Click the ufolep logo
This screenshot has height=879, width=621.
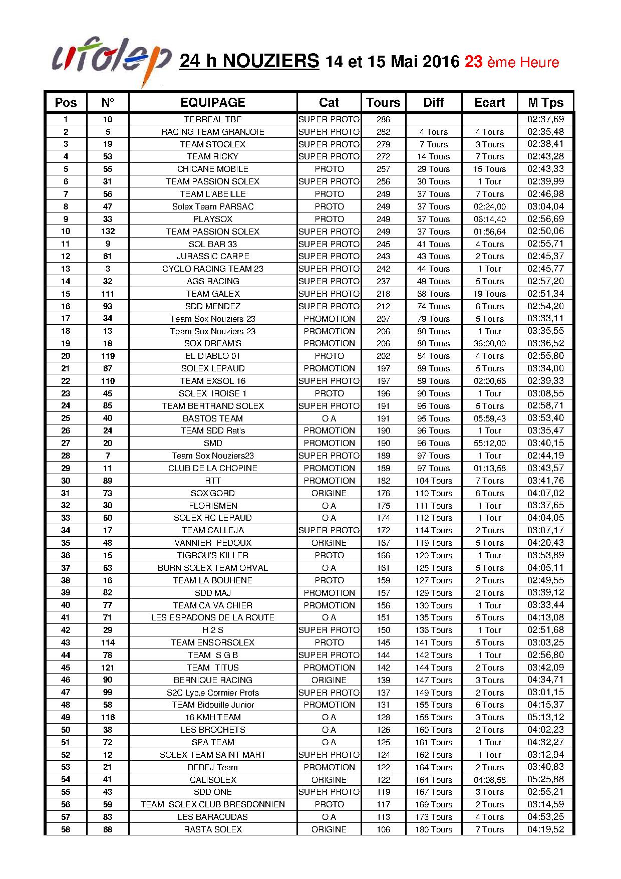tap(111, 61)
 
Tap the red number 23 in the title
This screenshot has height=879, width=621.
tap(473, 62)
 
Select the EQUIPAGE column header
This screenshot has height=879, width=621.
tap(213, 103)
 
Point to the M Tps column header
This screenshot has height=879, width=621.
tap(545, 103)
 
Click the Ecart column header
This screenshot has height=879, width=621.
tap(489, 103)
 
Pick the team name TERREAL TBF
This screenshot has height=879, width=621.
tap(213, 119)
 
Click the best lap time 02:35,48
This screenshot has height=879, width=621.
tap(545, 132)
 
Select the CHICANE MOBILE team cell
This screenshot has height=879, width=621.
tap(213, 169)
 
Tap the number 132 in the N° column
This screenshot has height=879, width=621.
tap(108, 232)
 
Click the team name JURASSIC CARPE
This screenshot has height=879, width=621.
tap(213, 256)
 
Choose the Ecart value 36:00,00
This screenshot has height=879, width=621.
tap(489, 343)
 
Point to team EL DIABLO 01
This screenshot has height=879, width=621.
tap(213, 356)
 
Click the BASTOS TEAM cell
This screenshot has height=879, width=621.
tap(213, 418)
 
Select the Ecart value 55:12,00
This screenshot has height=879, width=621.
tap(489, 443)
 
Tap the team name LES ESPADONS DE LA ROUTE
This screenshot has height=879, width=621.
tap(213, 617)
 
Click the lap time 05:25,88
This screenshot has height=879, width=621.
tap(545, 780)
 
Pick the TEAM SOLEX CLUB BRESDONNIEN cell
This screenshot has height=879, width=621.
tap(213, 804)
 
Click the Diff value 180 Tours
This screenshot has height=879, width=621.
tap(434, 829)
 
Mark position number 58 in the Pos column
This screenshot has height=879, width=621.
tap(66, 829)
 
